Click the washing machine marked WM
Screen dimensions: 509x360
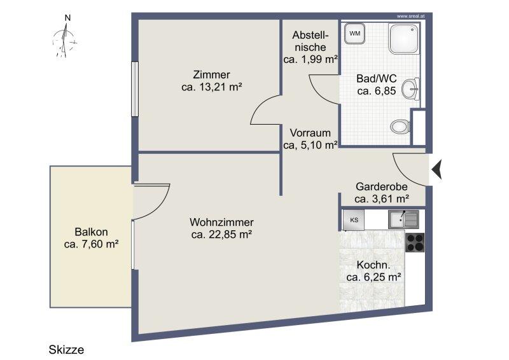pyautogui.click(x=354, y=34)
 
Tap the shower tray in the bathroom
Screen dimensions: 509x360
pyautogui.click(x=404, y=39)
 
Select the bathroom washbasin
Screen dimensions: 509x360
pyautogui.click(x=410, y=88)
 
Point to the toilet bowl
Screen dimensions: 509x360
pyautogui.click(x=400, y=127)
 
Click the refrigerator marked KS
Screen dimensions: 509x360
pyautogui.click(x=354, y=220)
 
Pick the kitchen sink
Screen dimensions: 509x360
pyautogui.click(x=403, y=219)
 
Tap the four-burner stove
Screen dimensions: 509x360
pyautogui.click(x=415, y=242)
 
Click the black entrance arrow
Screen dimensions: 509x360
pyautogui.click(x=436, y=169)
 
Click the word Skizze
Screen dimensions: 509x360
pyautogui.click(x=66, y=350)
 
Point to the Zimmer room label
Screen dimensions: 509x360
pyautogui.click(x=212, y=74)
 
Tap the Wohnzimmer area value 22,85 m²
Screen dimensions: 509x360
pyautogui.click(x=230, y=234)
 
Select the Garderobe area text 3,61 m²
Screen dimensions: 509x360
pyautogui.click(x=390, y=198)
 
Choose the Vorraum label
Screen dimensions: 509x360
pyautogui.click(x=310, y=133)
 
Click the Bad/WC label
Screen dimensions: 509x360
pyautogui.click(x=377, y=79)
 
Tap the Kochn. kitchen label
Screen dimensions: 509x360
pyautogui.click(x=373, y=265)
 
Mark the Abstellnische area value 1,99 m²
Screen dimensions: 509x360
pyautogui.click(x=319, y=59)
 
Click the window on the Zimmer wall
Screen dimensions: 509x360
pyautogui.click(x=135, y=89)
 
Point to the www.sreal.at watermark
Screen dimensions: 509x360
pyautogui.click(x=410, y=16)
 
